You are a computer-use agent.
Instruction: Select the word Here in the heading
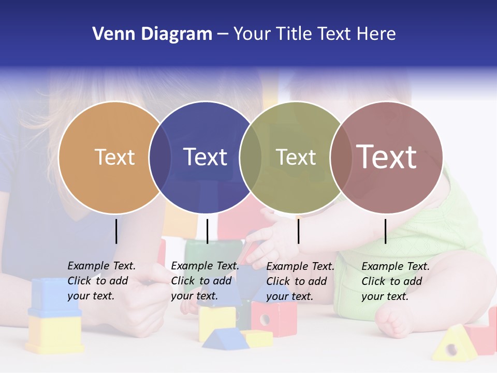pyautogui.click(x=376, y=34)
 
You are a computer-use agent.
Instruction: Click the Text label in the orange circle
pyautogui.click(x=114, y=157)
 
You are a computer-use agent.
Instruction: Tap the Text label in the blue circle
pyautogui.click(x=205, y=157)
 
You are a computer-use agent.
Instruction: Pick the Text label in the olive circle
pyautogui.click(x=296, y=157)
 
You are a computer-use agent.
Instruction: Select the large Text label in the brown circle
pyautogui.click(x=386, y=156)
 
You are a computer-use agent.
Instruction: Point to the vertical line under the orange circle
pyautogui.click(x=116, y=231)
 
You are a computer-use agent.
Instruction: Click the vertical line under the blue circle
pyautogui.click(x=207, y=231)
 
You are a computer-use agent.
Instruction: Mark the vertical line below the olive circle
pyautogui.click(x=298, y=231)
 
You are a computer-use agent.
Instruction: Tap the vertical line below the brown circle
pyautogui.click(x=385, y=231)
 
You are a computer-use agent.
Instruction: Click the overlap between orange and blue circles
pyautogui.click(x=160, y=157)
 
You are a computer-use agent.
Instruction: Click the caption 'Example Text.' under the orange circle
pyautogui.click(x=101, y=266)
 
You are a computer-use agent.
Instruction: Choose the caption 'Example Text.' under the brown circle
pyautogui.click(x=396, y=266)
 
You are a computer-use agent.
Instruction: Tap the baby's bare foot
pyautogui.click(x=393, y=320)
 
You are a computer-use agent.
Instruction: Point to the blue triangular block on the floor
pyautogui.click(x=222, y=338)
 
